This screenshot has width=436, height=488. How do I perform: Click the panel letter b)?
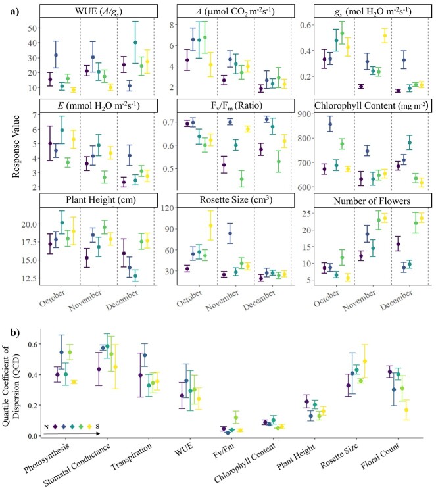7,317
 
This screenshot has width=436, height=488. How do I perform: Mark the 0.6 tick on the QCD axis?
29,344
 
